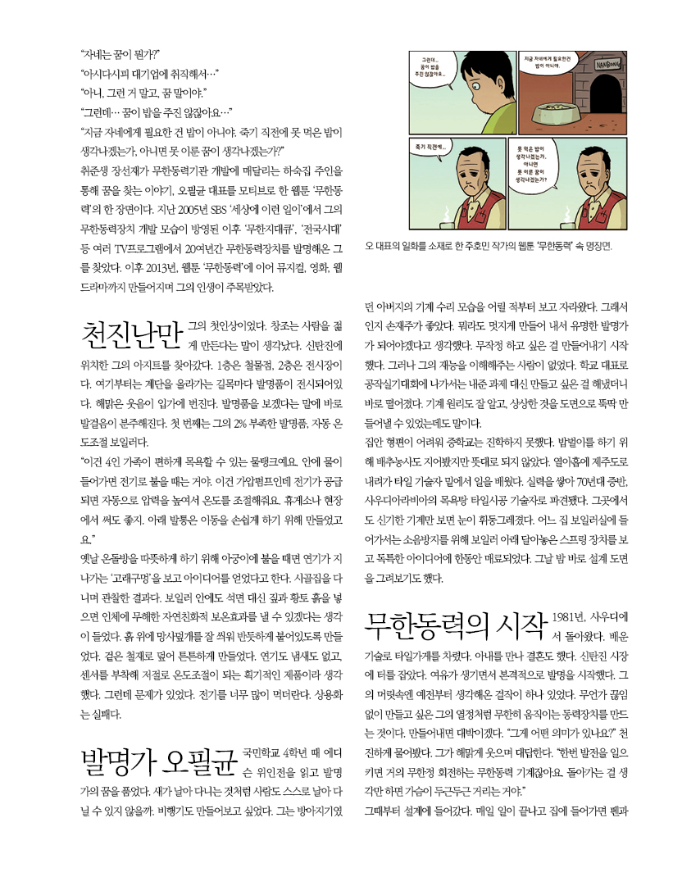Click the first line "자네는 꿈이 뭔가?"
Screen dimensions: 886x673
[x=121, y=56]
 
